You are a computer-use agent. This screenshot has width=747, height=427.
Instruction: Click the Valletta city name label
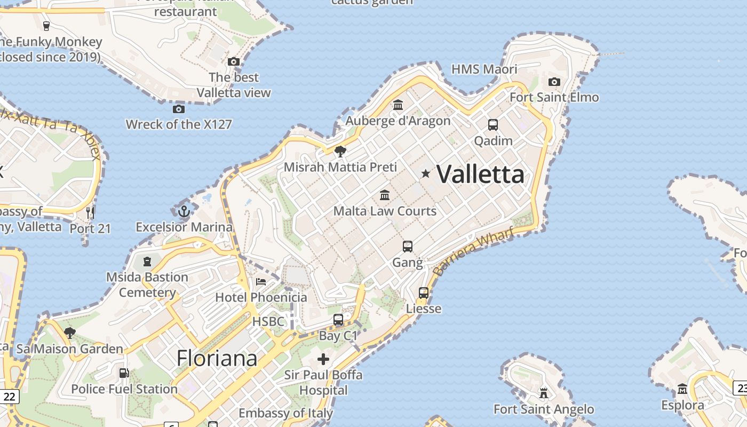pyautogui.click(x=480, y=174)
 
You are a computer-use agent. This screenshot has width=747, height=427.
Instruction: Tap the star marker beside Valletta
pyautogui.click(x=425, y=173)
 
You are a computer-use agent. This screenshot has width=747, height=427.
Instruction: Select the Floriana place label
pyautogui.click(x=217, y=358)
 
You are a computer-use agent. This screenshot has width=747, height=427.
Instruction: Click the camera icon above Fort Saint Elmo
pyautogui.click(x=554, y=82)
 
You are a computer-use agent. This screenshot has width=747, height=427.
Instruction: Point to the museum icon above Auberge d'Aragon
pyautogui.click(x=398, y=105)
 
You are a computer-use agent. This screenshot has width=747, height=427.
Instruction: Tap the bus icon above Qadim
pyautogui.click(x=493, y=125)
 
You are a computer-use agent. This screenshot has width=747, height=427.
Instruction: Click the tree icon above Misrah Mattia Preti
pyautogui.click(x=340, y=152)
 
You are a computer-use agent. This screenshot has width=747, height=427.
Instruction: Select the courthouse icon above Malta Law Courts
pyautogui.click(x=385, y=195)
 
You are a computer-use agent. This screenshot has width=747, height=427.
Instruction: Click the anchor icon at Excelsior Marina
pyautogui.click(x=184, y=211)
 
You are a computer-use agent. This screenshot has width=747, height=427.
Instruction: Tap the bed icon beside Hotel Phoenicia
pyautogui.click(x=261, y=281)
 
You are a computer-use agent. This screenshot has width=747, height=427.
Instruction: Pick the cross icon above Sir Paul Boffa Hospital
pyautogui.click(x=323, y=359)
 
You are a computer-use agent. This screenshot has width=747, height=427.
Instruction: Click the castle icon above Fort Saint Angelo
pyautogui.click(x=544, y=393)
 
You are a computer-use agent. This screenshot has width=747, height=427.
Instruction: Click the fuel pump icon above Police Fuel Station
pyautogui.click(x=124, y=373)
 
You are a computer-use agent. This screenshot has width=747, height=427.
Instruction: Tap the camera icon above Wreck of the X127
pyautogui.click(x=179, y=109)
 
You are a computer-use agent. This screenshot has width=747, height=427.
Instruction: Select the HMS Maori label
pyautogui.click(x=484, y=69)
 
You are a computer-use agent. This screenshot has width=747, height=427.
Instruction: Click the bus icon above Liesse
pyautogui.click(x=424, y=292)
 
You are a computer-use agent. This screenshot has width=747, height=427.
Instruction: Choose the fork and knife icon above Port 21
pyautogui.click(x=90, y=213)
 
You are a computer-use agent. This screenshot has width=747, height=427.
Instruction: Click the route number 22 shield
pyautogui.click(x=9, y=397)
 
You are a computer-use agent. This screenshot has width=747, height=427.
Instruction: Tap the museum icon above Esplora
pyautogui.click(x=682, y=389)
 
